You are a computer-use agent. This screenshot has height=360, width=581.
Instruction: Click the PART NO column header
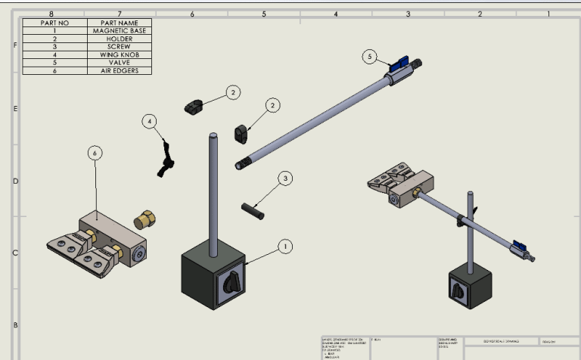click(55, 23)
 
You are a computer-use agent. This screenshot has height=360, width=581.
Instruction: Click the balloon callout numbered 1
click(284, 246)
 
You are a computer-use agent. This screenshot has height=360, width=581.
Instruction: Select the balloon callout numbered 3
click(284, 178)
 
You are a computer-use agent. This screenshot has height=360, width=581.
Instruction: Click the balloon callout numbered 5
click(368, 57)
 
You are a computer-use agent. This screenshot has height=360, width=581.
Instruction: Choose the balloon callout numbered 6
click(95, 153)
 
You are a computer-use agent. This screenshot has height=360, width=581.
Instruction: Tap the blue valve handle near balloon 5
click(398, 65)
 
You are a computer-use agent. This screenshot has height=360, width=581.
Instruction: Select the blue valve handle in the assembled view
click(519, 245)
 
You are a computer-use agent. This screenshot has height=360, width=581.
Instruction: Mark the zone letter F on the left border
click(15, 45)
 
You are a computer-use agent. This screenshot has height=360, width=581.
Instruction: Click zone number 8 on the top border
click(51, 14)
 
